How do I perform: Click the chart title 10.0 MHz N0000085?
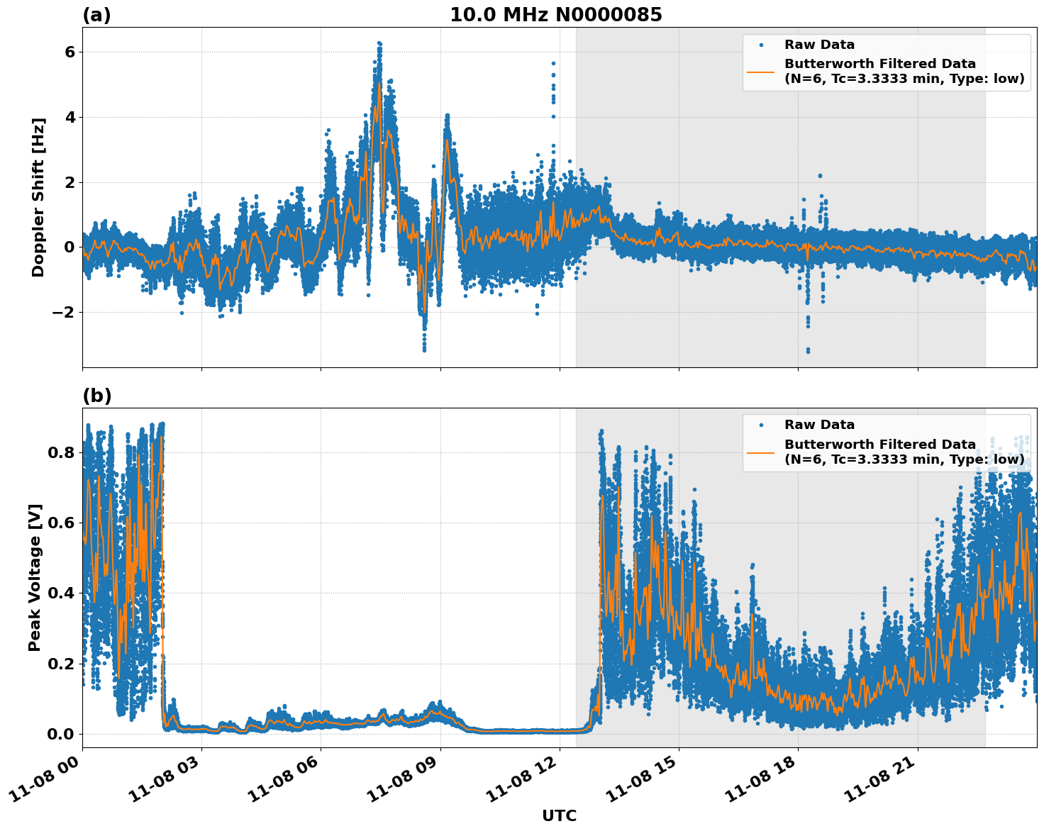tap(555, 15)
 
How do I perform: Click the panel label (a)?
tap(96, 15)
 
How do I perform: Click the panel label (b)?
tap(96, 396)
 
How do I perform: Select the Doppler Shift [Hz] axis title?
tap(38, 197)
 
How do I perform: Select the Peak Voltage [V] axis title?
tap(35, 577)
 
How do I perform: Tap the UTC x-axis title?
tap(559, 815)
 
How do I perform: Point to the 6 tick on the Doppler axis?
tap(70, 52)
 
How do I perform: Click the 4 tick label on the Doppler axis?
tap(70, 117)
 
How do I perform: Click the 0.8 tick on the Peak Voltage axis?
tap(61, 452)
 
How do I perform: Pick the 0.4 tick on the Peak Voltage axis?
tap(61, 593)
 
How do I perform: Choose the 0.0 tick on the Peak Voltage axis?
tap(61, 734)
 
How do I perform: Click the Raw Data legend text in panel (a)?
tap(819, 45)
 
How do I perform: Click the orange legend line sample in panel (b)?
tap(760, 452)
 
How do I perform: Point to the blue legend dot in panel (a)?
tap(760, 45)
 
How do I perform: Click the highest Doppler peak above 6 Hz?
tap(379, 44)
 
